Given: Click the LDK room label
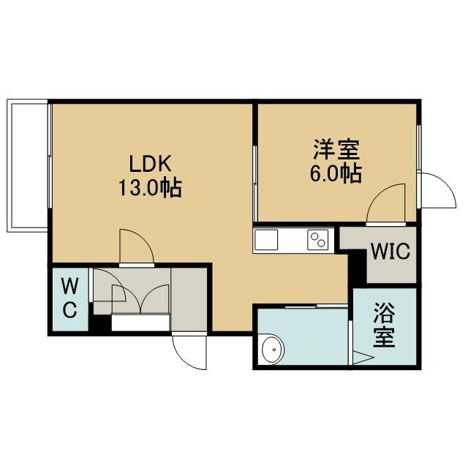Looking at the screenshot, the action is tap(151, 164).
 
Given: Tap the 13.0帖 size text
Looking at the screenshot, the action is tap(151, 188).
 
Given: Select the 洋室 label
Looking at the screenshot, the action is tap(336, 149).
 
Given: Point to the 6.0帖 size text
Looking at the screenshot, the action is tap(336, 173).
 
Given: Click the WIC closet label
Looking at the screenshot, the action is tap(390, 252).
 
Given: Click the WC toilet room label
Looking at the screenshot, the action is tap(70, 298).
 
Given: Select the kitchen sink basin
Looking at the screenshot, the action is tap(266, 240).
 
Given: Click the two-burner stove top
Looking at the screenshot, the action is tap(318, 240).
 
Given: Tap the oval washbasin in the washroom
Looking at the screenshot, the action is tap(273, 350).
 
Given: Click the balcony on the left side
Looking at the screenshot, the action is tap(28, 165).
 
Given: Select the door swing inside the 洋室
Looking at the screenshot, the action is tap(385, 203).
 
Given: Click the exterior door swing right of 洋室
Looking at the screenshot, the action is tap(437, 190).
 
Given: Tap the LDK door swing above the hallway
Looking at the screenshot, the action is tap(137, 247).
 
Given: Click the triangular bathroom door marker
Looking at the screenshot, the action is tap(363, 358).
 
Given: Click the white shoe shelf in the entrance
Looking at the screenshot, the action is tap(140, 322).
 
